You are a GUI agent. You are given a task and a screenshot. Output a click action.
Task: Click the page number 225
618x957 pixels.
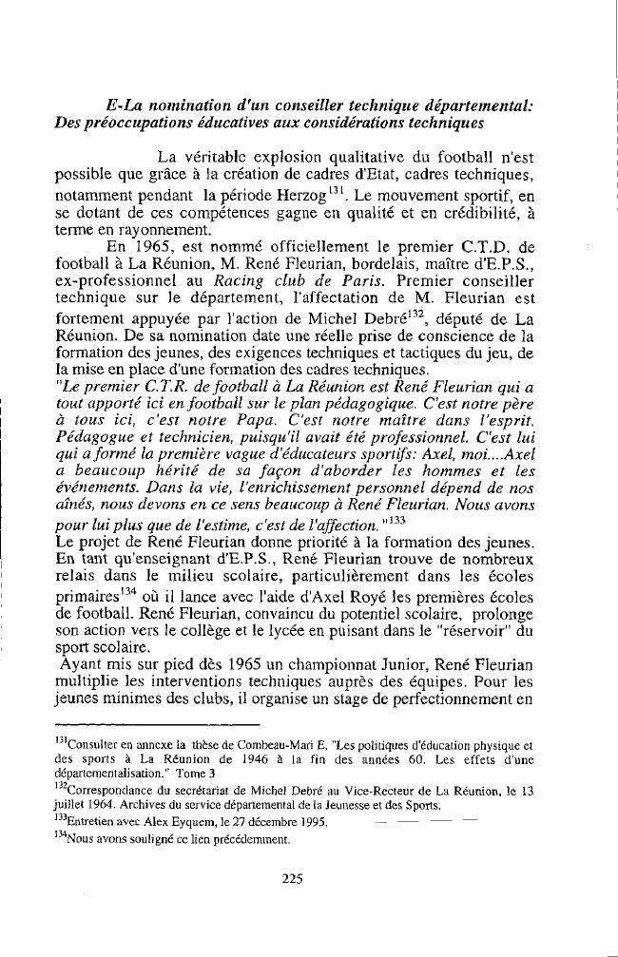293,878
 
